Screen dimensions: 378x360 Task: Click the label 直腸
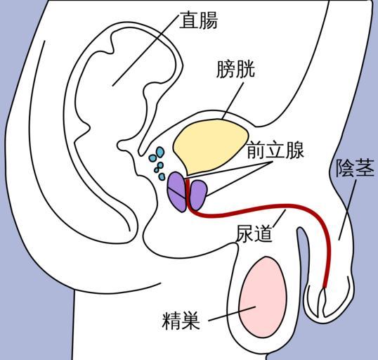tap(198, 20)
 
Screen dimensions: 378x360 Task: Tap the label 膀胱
tap(235, 69)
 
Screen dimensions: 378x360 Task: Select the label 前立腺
tap(275, 150)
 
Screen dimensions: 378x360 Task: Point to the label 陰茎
tap(355, 167)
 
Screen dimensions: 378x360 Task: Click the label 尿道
tap(254, 233)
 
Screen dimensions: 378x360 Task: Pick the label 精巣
tap(181, 321)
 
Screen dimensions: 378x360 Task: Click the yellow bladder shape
tap(210, 146)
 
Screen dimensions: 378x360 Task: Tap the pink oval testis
tap(263, 297)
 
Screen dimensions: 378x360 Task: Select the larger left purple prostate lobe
tap(177, 191)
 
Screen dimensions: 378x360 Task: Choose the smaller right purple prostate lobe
tap(198, 195)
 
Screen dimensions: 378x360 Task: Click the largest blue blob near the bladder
tap(160, 153)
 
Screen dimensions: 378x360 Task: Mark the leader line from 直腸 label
tap(146, 49)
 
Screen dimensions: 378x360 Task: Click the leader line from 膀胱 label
tap(233, 101)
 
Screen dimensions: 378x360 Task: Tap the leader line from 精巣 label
tap(232, 314)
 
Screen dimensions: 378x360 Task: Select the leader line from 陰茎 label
tap(347, 210)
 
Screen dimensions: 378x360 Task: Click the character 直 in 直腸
tap(189, 20)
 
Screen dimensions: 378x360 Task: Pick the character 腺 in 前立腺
tap(294, 150)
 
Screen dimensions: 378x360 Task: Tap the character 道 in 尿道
tap(263, 233)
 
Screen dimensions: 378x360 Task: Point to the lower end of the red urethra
tap(325, 287)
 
